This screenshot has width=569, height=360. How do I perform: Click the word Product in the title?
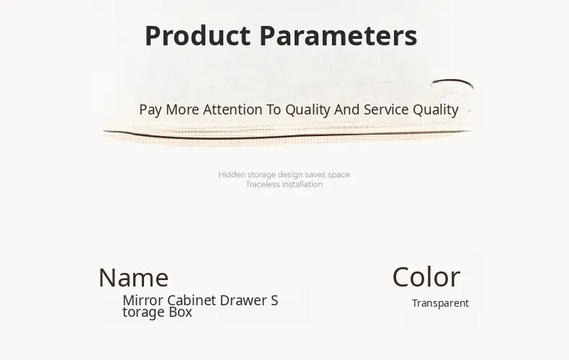[198, 35]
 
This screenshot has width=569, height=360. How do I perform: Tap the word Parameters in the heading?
[339, 35]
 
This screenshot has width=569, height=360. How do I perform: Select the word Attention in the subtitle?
[233, 109]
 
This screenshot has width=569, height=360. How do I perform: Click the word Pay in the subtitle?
[151, 110]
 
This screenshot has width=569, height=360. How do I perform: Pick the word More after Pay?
[182, 109]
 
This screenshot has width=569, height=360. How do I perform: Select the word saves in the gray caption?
[315, 175]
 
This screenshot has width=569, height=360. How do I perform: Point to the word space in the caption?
[339, 175]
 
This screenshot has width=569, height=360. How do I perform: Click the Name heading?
[133, 278]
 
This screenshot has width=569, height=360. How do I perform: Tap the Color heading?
[426, 277]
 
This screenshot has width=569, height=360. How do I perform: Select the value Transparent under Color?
[440, 303]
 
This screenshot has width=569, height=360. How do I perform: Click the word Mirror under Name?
[143, 300]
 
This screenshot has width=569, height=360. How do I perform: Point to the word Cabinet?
[192, 300]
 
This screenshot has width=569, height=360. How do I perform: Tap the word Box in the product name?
[180, 312]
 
